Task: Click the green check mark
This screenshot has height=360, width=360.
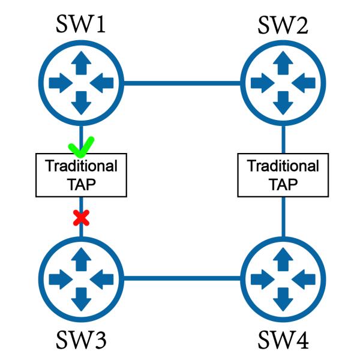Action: click(81, 145)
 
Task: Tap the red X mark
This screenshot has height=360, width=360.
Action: click(81, 217)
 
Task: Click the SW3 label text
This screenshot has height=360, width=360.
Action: click(81, 340)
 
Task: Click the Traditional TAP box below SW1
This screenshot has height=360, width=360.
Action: click(81, 175)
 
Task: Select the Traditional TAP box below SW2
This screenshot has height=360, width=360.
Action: click(282, 175)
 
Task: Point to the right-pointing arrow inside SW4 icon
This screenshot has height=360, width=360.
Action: click(262, 278)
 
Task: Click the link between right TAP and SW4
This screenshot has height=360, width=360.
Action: click(282, 216)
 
